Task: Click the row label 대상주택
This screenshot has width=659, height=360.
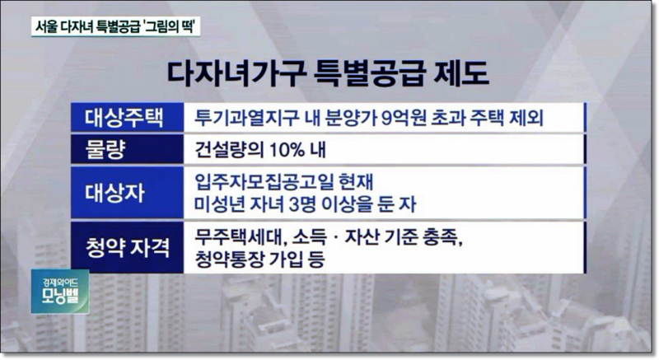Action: coord(124,118)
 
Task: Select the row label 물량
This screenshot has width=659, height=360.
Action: coord(105,150)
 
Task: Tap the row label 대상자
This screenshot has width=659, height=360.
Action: coord(115,193)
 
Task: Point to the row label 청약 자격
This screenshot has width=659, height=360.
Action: coord(128,248)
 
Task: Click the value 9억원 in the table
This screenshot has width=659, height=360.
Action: coord(403,118)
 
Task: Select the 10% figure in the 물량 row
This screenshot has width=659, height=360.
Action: coord(287,150)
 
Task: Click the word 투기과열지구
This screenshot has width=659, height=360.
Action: coord(245,118)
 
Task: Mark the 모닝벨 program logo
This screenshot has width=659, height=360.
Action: coord(60,291)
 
